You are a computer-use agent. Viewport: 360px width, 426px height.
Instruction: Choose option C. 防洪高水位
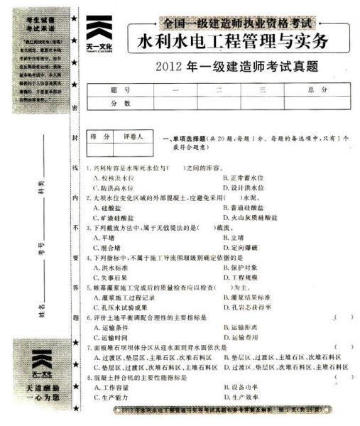point(112,187)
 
